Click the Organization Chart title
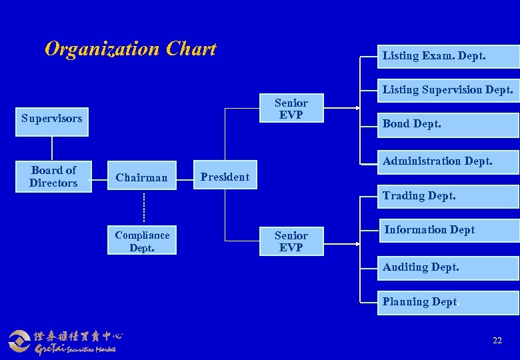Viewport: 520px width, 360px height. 131,49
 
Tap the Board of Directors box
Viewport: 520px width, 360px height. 53,177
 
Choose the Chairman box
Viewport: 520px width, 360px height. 141,177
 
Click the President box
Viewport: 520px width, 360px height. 225,177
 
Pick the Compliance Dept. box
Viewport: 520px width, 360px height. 142,241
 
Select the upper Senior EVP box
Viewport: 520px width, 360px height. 291,109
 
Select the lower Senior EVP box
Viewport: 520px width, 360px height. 291,241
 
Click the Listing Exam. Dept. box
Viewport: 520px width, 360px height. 448,56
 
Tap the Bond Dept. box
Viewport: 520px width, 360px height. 448,125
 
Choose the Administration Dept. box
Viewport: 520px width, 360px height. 448,161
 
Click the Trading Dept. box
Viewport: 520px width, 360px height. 448,196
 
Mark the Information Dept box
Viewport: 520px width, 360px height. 448,231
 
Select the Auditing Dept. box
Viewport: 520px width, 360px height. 448,268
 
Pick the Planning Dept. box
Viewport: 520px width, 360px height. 448,302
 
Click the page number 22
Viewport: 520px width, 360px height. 497,341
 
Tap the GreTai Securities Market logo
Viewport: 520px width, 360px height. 63,341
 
